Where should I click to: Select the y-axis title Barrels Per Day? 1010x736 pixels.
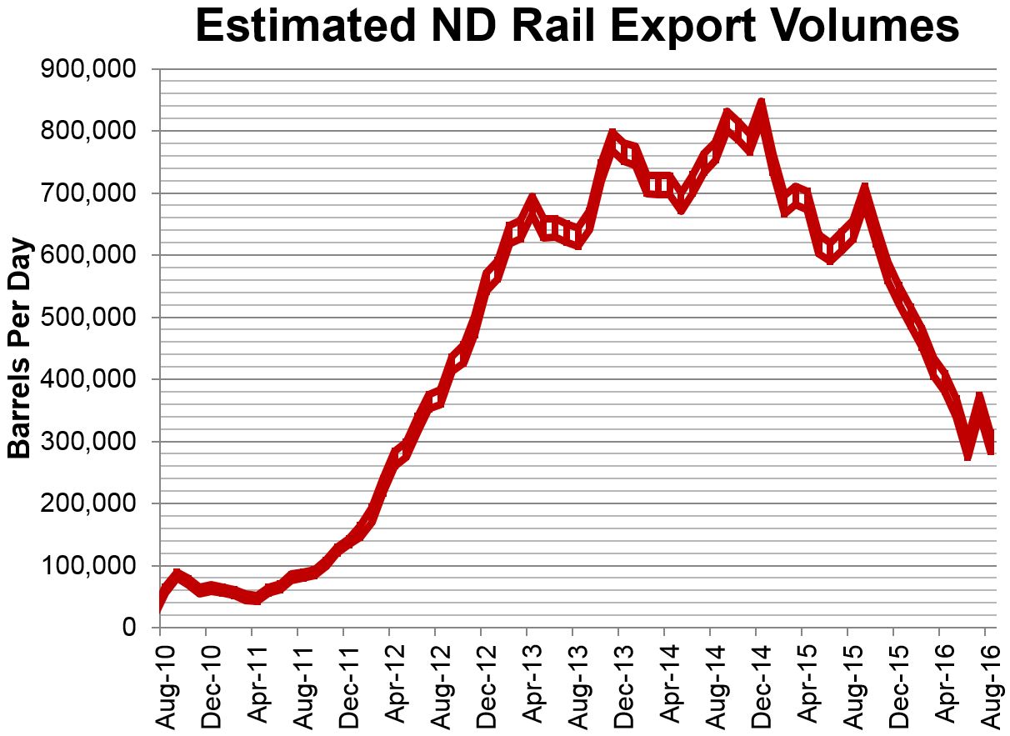coord(19,348)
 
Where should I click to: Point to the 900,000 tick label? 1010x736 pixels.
coord(87,70)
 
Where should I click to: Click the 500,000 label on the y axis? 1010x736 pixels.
coord(87,318)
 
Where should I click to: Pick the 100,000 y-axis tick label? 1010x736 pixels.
coord(87,567)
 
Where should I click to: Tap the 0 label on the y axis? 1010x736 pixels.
coord(128,628)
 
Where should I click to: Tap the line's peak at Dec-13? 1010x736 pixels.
coord(612,136)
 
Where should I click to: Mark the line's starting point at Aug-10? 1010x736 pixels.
coord(159,601)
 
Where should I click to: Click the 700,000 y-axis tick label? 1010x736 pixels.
coord(87,194)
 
